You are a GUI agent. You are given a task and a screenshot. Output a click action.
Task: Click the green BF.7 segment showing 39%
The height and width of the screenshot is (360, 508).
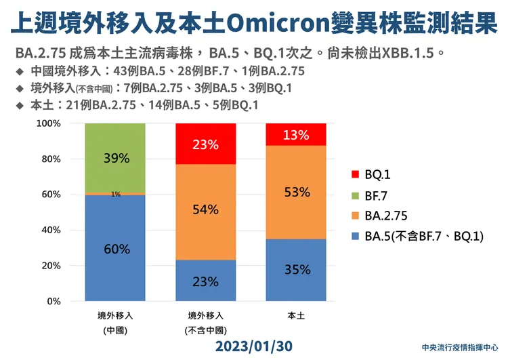click(x=116, y=158)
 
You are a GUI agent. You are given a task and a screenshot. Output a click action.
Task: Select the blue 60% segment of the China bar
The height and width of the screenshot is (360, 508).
click(x=116, y=248)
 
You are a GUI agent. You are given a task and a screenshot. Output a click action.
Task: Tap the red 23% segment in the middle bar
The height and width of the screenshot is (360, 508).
click(x=205, y=144)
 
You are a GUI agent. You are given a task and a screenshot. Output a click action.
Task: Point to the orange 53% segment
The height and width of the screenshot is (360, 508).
click(x=296, y=193)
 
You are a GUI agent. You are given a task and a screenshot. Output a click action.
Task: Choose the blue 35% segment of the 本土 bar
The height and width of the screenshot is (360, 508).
click(x=296, y=270)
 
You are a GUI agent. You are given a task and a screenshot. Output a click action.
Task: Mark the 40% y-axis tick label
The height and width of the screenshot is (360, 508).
click(x=53, y=230)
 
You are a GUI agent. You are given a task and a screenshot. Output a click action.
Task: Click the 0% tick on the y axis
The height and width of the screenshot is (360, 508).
click(x=56, y=301)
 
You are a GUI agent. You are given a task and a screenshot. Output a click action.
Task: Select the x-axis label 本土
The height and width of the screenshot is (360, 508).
click(x=296, y=315)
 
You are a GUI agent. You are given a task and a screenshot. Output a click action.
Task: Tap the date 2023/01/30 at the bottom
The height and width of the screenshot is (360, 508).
click(x=254, y=346)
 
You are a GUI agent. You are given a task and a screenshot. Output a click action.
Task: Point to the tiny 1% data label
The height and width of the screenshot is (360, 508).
click(x=116, y=195)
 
